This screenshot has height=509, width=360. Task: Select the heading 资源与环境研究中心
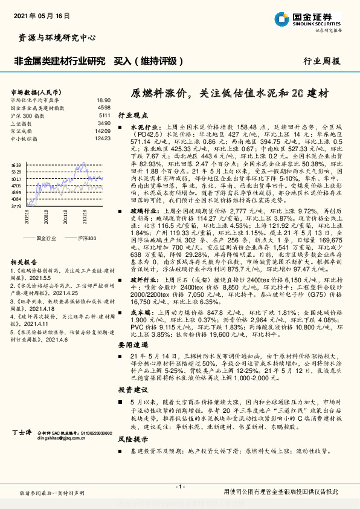54,37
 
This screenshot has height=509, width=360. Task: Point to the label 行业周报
321,62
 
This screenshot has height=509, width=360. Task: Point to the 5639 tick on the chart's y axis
16,164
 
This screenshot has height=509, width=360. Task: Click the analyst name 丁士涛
22,450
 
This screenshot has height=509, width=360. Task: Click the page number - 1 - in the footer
179,487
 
